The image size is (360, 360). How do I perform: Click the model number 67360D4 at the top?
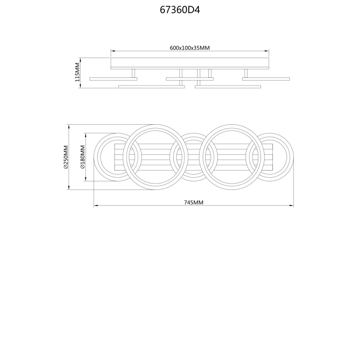pos(180,10)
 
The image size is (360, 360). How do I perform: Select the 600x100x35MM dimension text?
pos(189,48)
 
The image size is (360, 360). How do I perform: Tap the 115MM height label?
pos(77,72)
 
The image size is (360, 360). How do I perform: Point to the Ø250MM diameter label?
pos(66,157)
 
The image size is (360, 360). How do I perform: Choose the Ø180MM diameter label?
pos(83,157)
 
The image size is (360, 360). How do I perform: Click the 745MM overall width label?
pos(193,202)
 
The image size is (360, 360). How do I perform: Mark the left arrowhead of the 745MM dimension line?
pos(96,206)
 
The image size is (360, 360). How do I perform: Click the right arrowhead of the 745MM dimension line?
pos(291,206)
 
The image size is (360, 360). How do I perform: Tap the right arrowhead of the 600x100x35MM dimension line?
pos(266,51)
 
